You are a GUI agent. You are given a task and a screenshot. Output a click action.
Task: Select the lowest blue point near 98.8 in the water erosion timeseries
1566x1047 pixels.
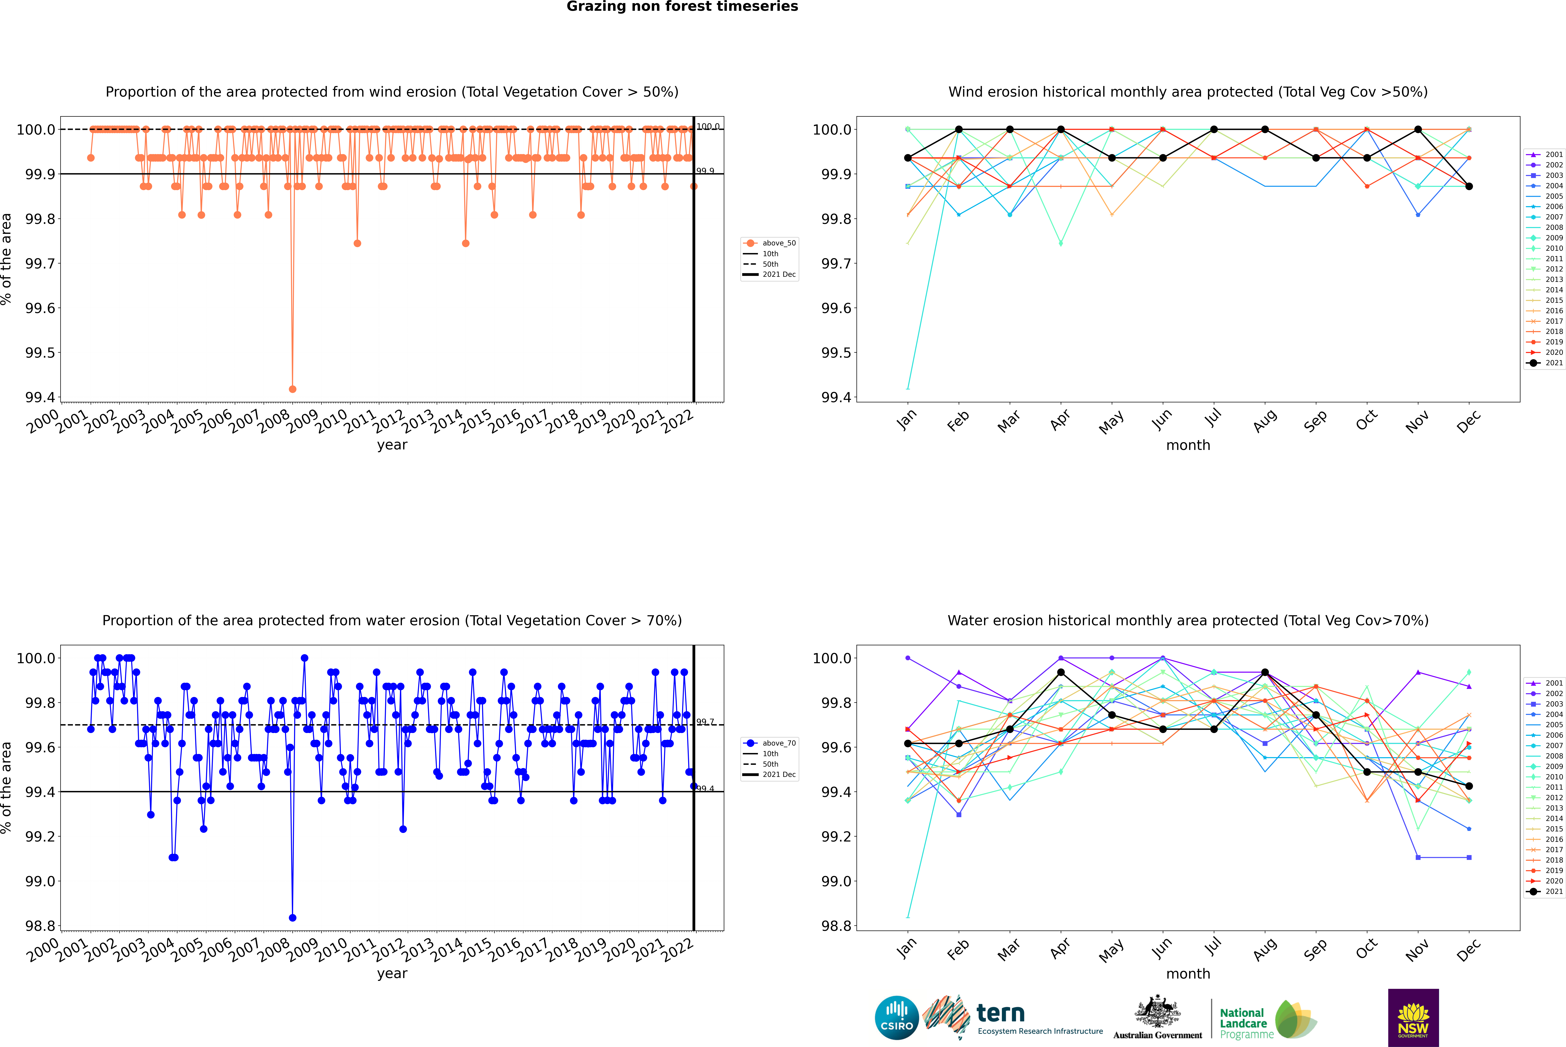[x=292, y=917]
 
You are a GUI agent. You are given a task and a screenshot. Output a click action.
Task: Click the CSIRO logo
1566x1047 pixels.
[x=897, y=1018]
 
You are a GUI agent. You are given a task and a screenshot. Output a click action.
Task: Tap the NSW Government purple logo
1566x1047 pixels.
[x=1413, y=1018]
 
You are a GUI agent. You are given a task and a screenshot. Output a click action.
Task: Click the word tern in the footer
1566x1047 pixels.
[x=1000, y=1013]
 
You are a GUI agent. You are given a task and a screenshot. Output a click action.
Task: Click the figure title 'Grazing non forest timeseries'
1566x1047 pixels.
[x=682, y=7]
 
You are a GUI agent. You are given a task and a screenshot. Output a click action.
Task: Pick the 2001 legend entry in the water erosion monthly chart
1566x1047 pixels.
[x=1544, y=683]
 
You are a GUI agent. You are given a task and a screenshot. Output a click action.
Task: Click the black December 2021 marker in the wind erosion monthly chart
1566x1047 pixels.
[x=1469, y=186]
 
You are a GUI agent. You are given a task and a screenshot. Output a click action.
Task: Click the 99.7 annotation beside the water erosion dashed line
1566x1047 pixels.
[x=706, y=722]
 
